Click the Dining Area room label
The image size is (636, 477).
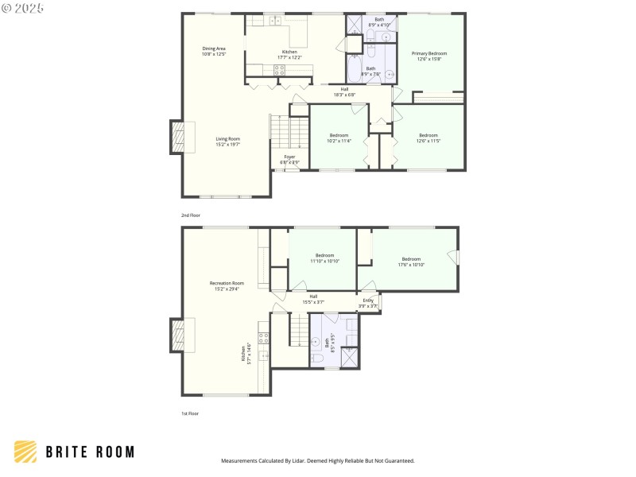click(x=214, y=51)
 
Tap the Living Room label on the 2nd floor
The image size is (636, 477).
click(x=227, y=142)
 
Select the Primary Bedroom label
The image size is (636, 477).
click(x=429, y=56)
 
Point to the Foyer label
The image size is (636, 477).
click(x=290, y=159)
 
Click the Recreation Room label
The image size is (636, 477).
click(x=227, y=286)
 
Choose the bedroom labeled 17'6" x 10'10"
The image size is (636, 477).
click(x=411, y=262)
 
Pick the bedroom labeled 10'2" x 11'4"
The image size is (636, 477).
click(x=339, y=138)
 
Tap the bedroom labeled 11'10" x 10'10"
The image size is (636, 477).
click(x=324, y=258)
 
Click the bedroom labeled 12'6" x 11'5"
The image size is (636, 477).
click(x=429, y=138)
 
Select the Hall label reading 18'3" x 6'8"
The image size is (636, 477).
click(x=344, y=91)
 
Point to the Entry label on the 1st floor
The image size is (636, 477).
click(x=368, y=302)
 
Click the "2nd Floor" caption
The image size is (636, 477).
click(x=190, y=215)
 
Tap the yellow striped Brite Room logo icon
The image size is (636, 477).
click(x=25, y=452)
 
